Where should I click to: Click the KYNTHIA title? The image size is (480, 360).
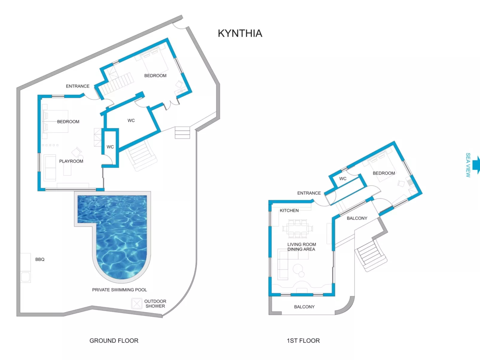(x=240, y=33)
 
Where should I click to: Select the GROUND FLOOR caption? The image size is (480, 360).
(x=114, y=341)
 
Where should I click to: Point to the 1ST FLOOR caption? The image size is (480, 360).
(x=303, y=341)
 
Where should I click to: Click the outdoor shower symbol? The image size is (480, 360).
(x=137, y=304)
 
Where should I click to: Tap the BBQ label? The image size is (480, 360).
(x=40, y=259)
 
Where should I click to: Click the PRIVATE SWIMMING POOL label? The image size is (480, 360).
(x=119, y=289)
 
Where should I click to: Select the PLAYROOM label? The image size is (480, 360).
(x=71, y=161)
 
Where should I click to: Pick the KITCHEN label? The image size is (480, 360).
(x=289, y=210)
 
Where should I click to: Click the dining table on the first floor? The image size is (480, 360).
(x=298, y=229)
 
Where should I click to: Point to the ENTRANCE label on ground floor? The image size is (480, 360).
(x=78, y=86)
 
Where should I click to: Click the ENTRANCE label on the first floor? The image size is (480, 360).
(x=309, y=193)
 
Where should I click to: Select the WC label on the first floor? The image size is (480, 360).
(x=343, y=179)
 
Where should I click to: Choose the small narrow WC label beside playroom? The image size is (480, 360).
(x=110, y=147)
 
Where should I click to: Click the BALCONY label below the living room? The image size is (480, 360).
(x=304, y=307)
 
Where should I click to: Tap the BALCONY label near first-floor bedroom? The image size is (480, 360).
(x=357, y=218)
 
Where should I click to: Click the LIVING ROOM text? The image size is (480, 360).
(x=302, y=244)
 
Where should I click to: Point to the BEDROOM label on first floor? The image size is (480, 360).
(x=384, y=173)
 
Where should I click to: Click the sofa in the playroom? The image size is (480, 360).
(x=50, y=168)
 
